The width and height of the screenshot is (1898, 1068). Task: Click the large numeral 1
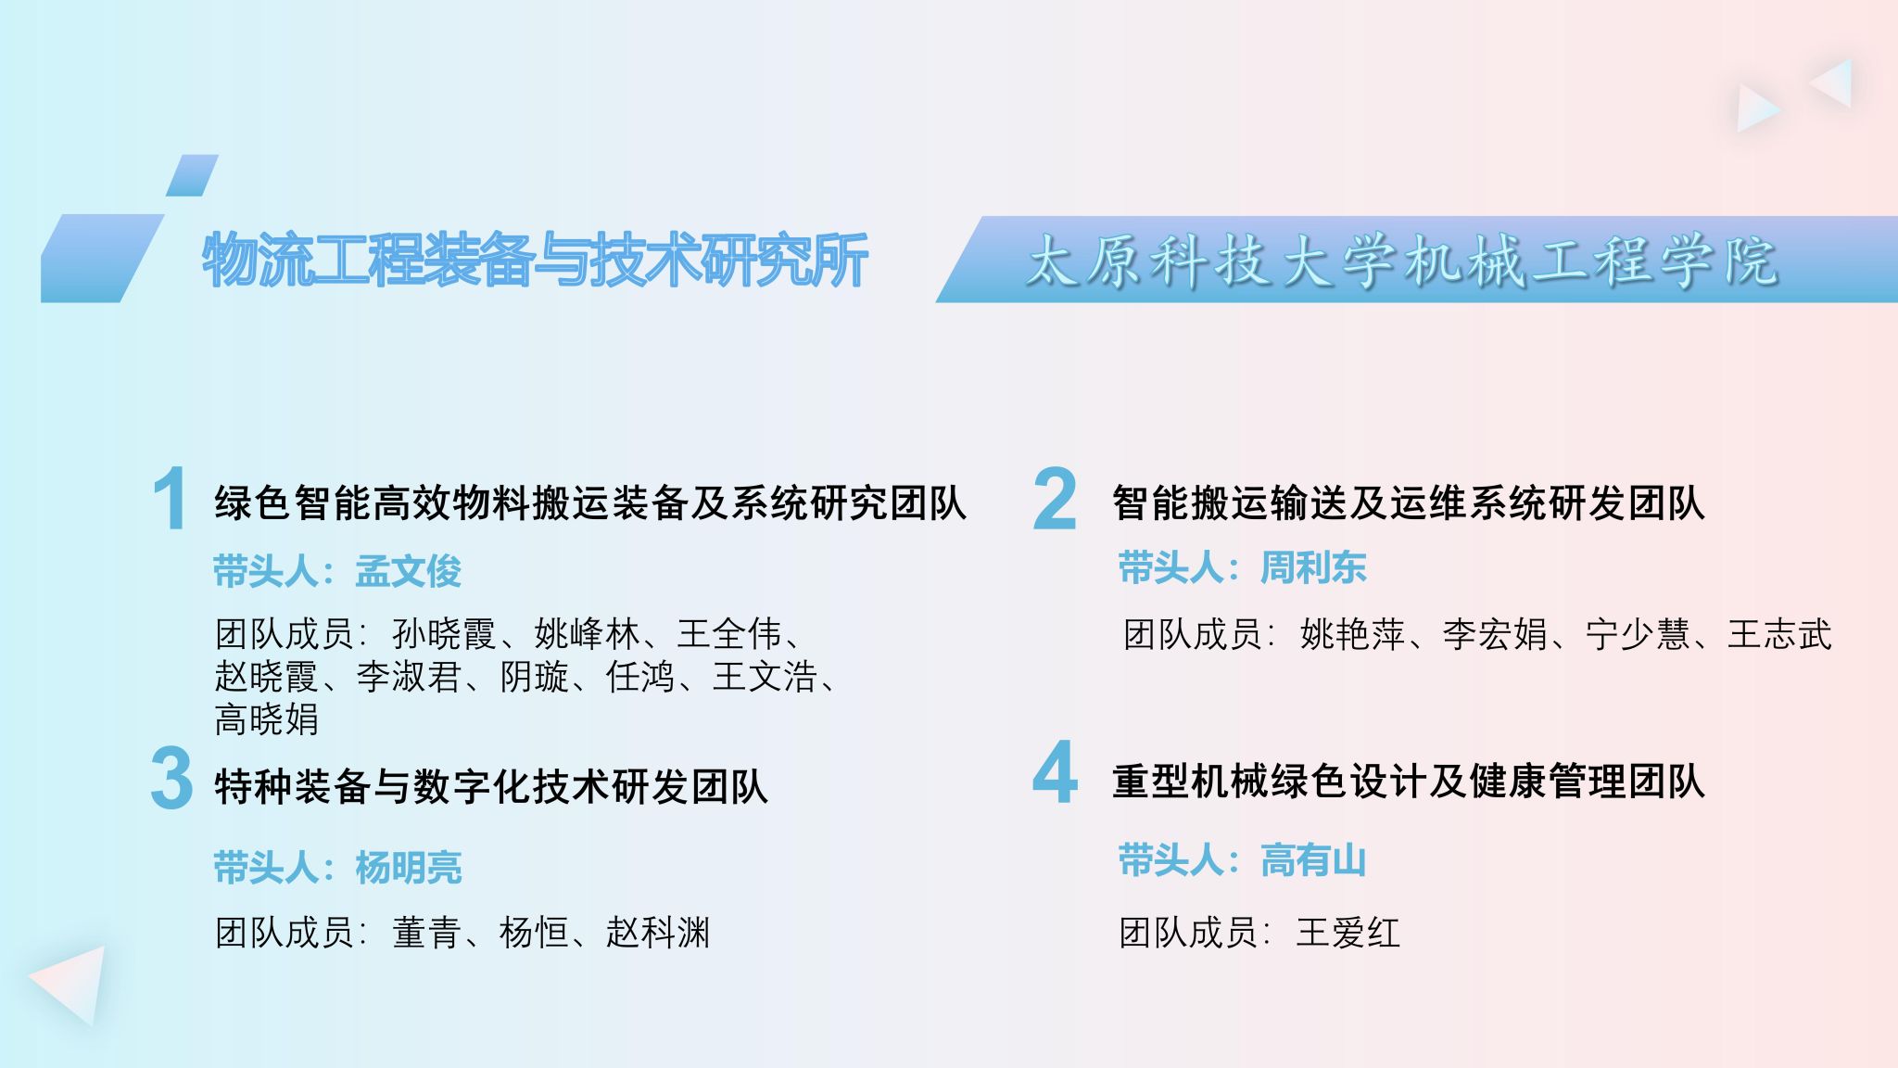[171, 499]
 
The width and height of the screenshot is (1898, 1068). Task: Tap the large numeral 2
[1055, 499]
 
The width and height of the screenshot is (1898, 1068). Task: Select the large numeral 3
[171, 779]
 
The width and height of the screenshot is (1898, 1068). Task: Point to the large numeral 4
[1055, 771]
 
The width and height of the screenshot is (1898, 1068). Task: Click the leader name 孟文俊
[408, 571]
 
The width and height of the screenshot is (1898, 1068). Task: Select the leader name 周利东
[1313, 567]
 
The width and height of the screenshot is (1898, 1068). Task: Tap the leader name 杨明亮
[408, 868]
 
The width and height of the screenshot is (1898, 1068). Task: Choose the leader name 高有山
[1313, 860]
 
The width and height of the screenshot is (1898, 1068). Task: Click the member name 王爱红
[1348, 933]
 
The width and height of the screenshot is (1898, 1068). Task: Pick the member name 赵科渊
[658, 933]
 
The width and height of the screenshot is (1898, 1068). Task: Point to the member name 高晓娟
[267, 719]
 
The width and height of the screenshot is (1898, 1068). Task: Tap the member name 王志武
[1779, 635]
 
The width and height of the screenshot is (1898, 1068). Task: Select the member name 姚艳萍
[1352, 635]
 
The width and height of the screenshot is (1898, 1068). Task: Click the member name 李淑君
[409, 677]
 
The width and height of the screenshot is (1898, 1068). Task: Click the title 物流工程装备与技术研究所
[536, 260]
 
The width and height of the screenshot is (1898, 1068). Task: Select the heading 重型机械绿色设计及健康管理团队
[1409, 782]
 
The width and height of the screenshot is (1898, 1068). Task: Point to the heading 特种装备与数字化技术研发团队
[491, 787]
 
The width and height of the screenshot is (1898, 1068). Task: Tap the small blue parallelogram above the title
[192, 175]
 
